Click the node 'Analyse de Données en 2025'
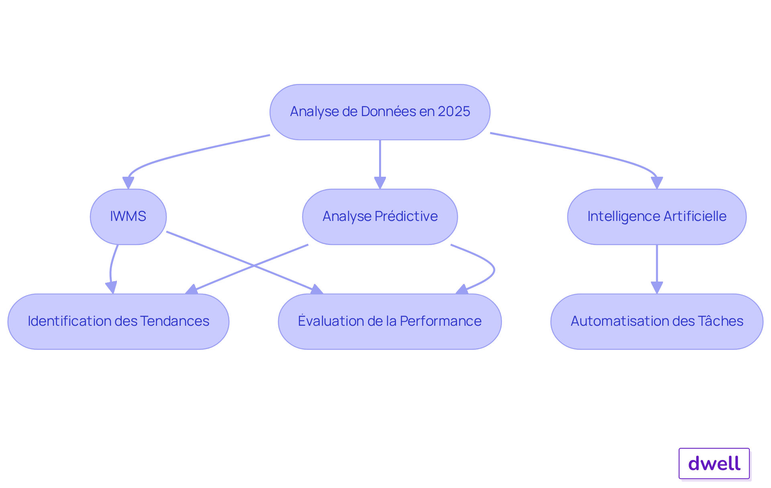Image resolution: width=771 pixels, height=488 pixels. click(379, 112)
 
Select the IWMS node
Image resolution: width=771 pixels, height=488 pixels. click(128, 216)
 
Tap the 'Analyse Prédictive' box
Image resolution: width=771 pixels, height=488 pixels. click(379, 216)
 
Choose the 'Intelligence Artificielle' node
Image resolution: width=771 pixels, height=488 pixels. click(657, 216)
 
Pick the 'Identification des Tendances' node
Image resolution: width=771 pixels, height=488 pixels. click(118, 321)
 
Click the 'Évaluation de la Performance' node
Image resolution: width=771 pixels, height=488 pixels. click(390, 321)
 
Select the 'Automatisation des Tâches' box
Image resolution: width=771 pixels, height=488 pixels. click(657, 321)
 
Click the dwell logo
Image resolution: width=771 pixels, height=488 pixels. click(714, 463)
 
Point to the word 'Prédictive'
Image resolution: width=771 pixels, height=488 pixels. click(406, 216)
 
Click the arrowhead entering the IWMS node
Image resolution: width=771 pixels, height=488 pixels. click(128, 183)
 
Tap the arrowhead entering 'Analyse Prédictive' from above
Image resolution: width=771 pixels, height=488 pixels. click(380, 183)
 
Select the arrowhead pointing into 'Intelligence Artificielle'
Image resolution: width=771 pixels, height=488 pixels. click(657, 183)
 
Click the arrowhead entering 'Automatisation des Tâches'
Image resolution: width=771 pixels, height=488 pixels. click(657, 288)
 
